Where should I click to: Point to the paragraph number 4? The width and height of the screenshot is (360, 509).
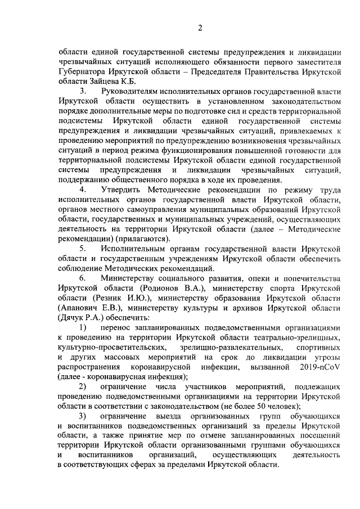tap(83, 190)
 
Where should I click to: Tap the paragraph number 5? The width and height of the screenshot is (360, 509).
tap(83, 249)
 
